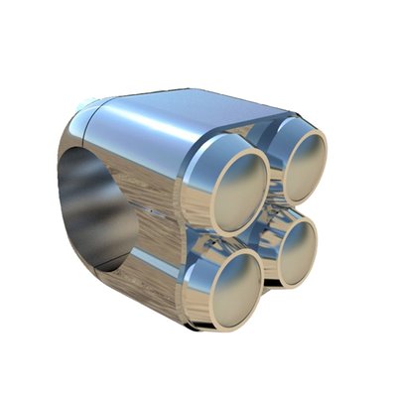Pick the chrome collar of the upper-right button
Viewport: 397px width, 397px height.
[278, 139]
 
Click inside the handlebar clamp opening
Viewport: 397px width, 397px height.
[94, 208]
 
